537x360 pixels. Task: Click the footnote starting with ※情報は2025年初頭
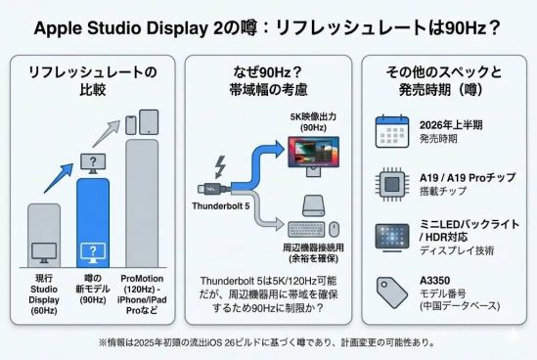(x=267, y=342)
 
